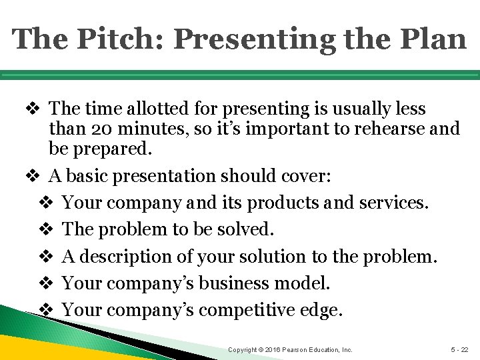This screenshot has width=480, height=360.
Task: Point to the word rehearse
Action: click(375, 129)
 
